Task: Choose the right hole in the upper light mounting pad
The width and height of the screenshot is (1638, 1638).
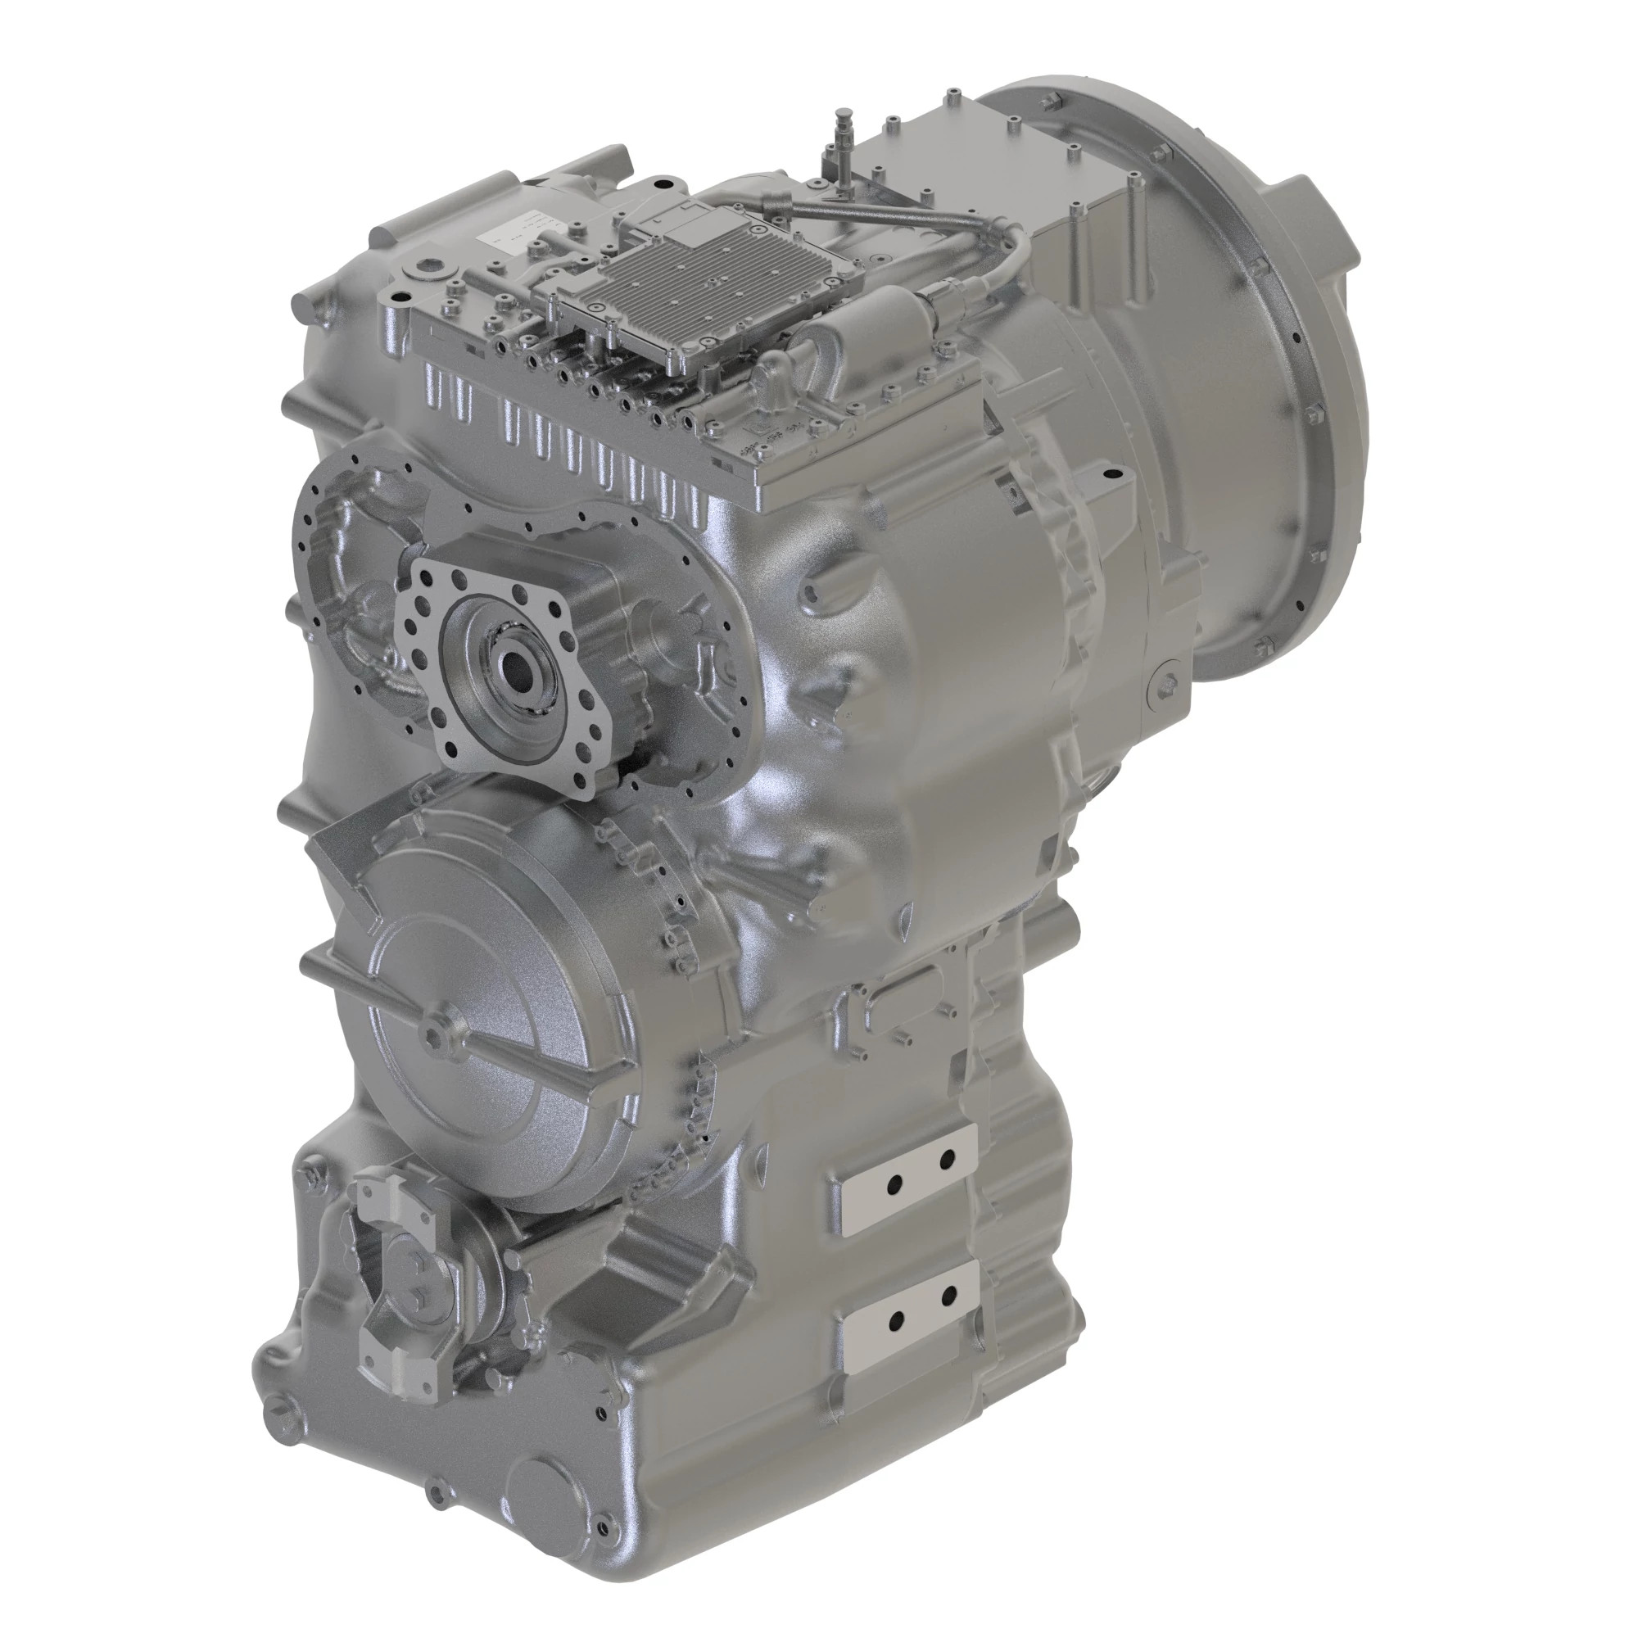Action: (948, 1158)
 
